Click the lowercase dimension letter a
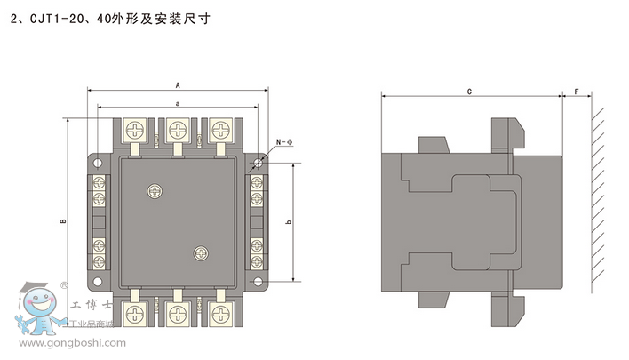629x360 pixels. pyautogui.click(x=178, y=104)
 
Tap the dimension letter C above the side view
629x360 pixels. pyautogui.click(x=468, y=91)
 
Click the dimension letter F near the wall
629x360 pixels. pyautogui.click(x=577, y=91)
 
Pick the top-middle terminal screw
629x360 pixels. pyautogui.click(x=179, y=131)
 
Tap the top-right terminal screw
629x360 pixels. pyautogui.click(x=219, y=131)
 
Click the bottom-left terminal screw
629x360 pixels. pyautogui.click(x=137, y=313)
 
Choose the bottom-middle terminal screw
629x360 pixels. pyautogui.click(x=179, y=313)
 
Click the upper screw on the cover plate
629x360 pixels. pyautogui.click(x=156, y=189)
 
